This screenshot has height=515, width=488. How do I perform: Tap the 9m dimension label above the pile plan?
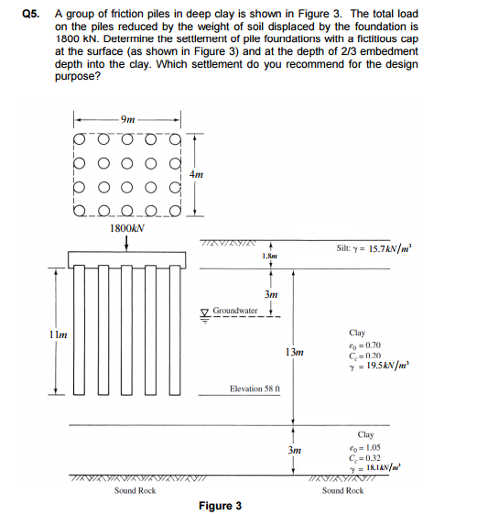point(128,119)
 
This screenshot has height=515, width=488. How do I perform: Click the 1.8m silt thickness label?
point(269,257)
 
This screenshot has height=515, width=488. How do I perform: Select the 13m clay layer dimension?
point(294,352)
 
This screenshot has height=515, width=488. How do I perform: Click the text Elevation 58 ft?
point(260,389)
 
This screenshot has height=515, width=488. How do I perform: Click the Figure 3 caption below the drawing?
point(220,506)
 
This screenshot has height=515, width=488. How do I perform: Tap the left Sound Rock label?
point(135,490)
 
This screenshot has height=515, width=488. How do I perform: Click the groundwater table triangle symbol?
point(207,312)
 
